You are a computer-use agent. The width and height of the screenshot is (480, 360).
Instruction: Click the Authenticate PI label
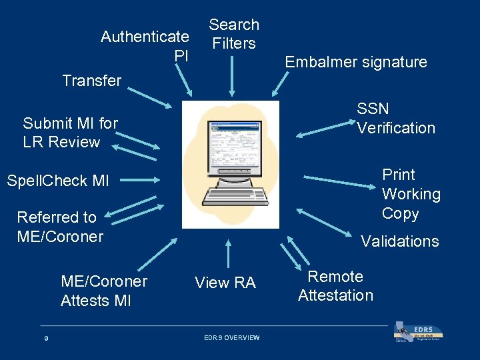(x=145, y=46)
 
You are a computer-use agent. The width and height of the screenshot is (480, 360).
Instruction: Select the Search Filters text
(x=233, y=34)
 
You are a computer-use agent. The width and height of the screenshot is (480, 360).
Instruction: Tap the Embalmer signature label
(x=355, y=62)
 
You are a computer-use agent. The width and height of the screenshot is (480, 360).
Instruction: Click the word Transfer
(x=91, y=81)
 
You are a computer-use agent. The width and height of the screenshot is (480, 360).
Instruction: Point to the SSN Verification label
(x=395, y=118)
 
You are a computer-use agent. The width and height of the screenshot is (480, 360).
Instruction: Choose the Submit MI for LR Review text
(x=70, y=132)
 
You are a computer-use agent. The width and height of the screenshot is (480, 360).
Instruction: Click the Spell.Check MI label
(x=58, y=180)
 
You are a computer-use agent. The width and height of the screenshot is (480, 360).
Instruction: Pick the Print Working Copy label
(x=411, y=194)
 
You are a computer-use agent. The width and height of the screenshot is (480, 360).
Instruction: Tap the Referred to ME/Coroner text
(x=60, y=227)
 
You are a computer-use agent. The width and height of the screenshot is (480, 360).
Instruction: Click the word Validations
(x=399, y=241)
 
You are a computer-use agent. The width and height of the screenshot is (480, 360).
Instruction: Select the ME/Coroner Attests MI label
(x=104, y=291)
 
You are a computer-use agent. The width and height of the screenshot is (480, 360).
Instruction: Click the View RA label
(x=225, y=283)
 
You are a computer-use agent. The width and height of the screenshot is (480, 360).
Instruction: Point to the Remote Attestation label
(x=335, y=286)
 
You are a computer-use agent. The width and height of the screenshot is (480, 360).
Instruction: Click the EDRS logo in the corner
(x=419, y=333)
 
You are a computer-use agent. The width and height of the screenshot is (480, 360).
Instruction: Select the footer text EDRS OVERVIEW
(x=231, y=338)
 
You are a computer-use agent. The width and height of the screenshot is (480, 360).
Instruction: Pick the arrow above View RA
(x=228, y=254)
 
